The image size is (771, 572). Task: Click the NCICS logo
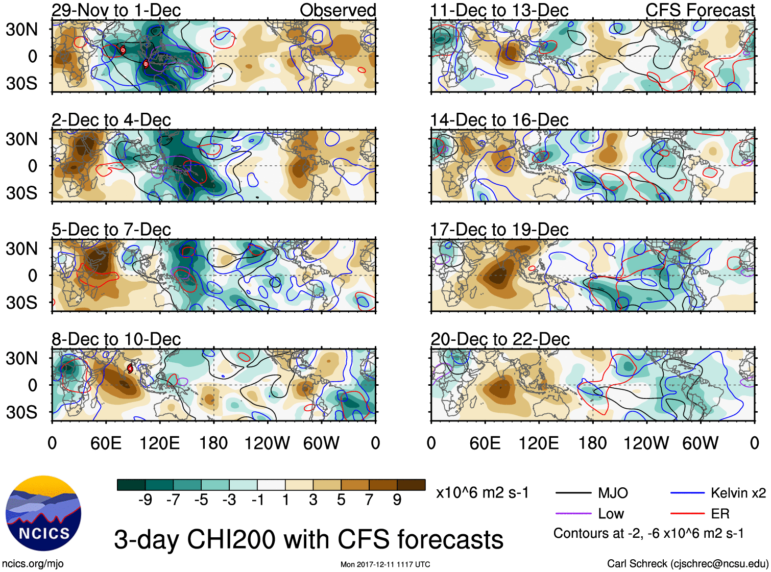pyautogui.click(x=43, y=513)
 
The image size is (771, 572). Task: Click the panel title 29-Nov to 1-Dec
pyautogui.click(x=116, y=10)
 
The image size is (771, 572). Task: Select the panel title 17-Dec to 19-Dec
pyautogui.click(x=499, y=230)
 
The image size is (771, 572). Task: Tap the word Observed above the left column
pyautogui.click(x=338, y=10)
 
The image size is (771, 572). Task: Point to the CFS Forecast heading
pyautogui.click(x=700, y=10)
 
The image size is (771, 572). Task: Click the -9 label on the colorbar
pyautogui.click(x=145, y=500)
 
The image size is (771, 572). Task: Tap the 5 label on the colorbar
pyautogui.click(x=341, y=500)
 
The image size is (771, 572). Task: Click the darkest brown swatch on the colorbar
pyautogui.click(x=411, y=485)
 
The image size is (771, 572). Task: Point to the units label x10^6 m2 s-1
pyautogui.click(x=482, y=493)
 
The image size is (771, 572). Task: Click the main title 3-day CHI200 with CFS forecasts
pyautogui.click(x=308, y=539)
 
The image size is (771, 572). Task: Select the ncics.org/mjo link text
pyautogui.click(x=33, y=564)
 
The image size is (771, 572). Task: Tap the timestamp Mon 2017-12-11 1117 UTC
pyautogui.click(x=385, y=564)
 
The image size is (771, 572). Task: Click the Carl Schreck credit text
pyautogui.click(x=687, y=564)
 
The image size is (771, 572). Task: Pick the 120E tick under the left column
pyautogui.click(x=160, y=443)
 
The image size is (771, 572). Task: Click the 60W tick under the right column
pyautogui.click(x=700, y=443)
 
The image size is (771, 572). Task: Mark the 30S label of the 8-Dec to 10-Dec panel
pyautogui.click(x=21, y=412)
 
